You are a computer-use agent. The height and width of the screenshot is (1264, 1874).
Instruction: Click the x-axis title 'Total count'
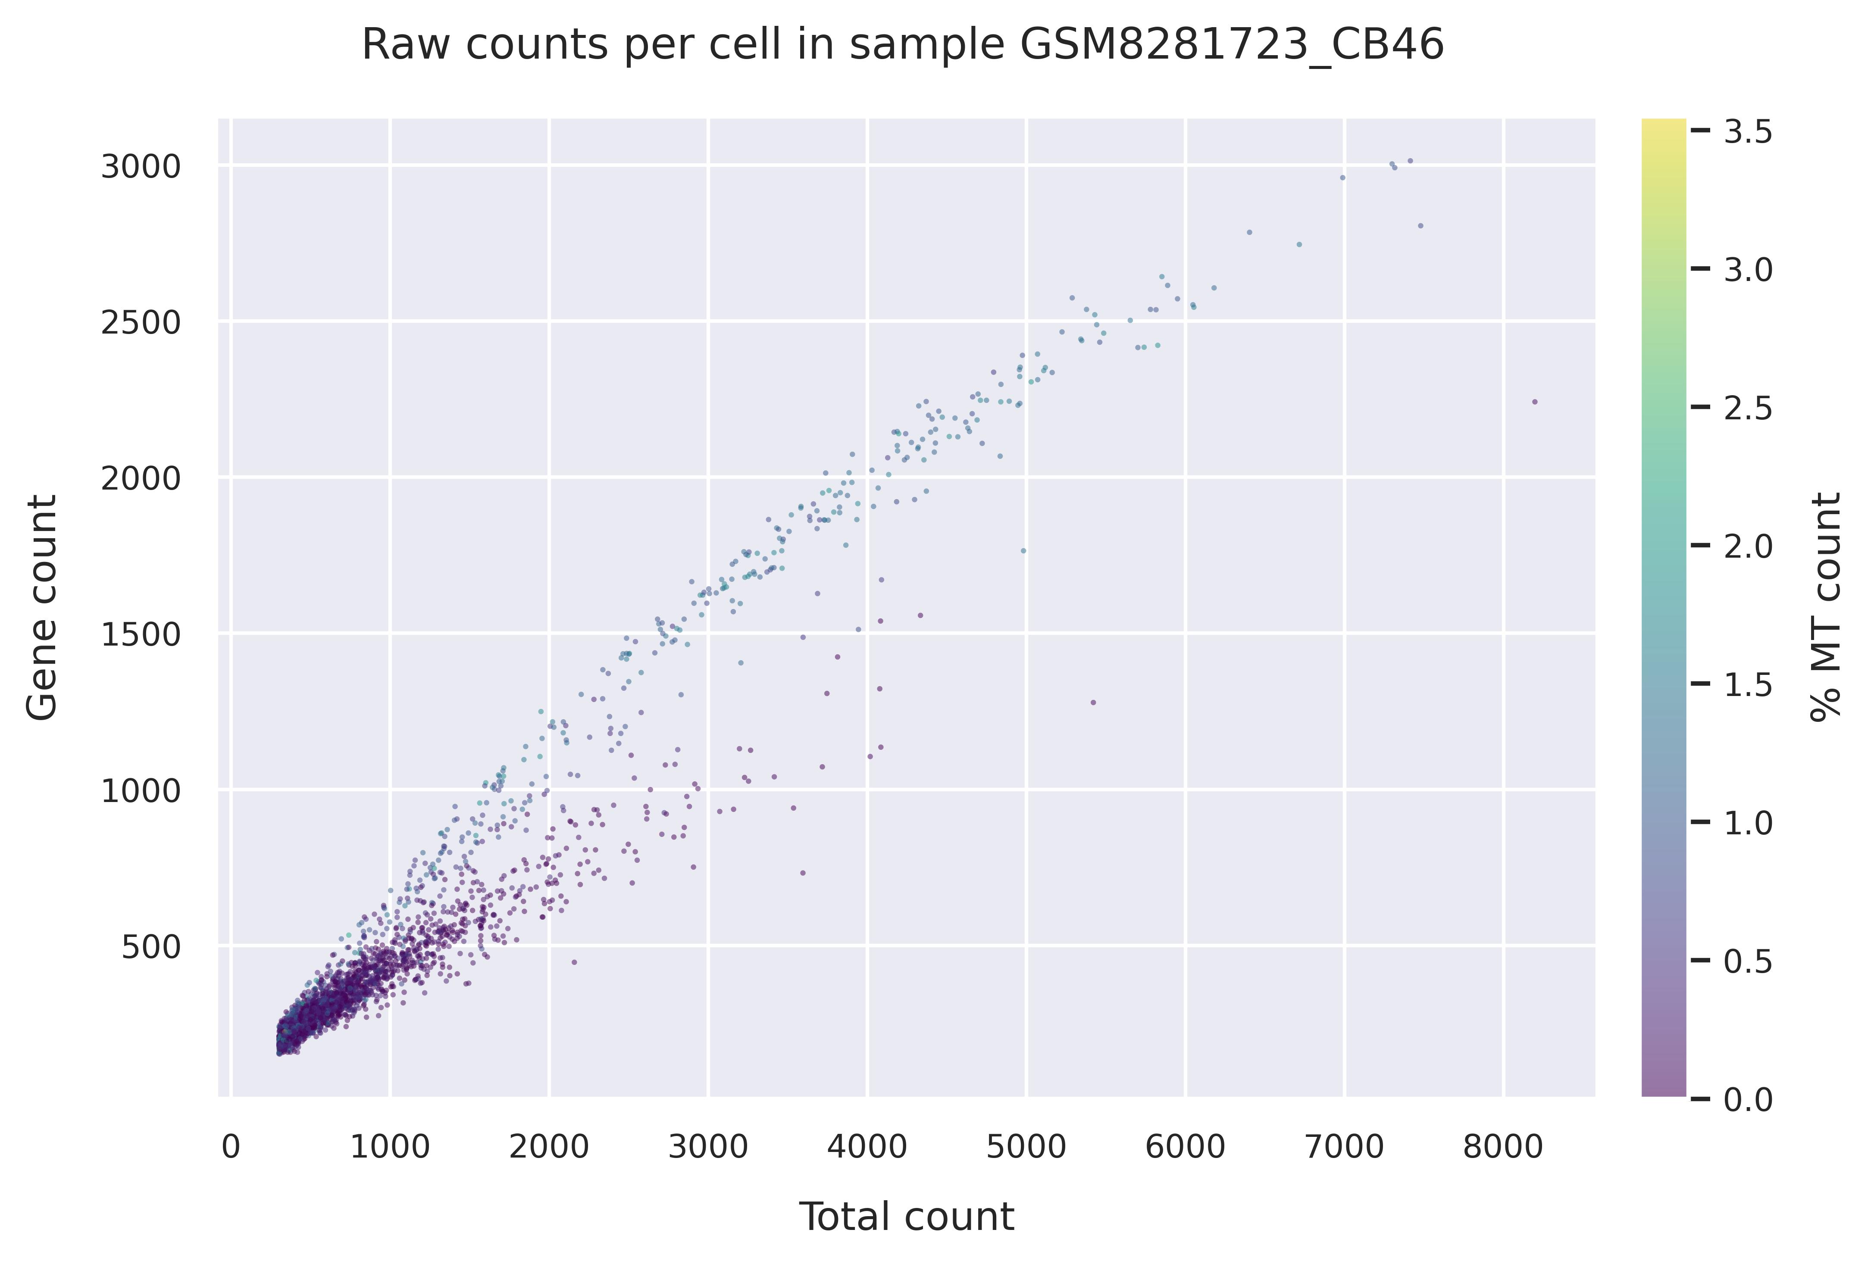pos(906,1217)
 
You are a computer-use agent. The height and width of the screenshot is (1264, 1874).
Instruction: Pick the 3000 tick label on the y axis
pos(140,167)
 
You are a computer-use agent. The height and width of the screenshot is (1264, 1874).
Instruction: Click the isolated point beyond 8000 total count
pos(1535,402)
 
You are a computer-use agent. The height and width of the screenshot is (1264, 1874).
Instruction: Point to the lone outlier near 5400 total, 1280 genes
pos(1093,702)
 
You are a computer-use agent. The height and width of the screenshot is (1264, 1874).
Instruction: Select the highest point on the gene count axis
pos(1410,160)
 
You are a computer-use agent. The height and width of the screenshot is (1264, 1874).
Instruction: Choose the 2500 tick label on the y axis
pos(140,323)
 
